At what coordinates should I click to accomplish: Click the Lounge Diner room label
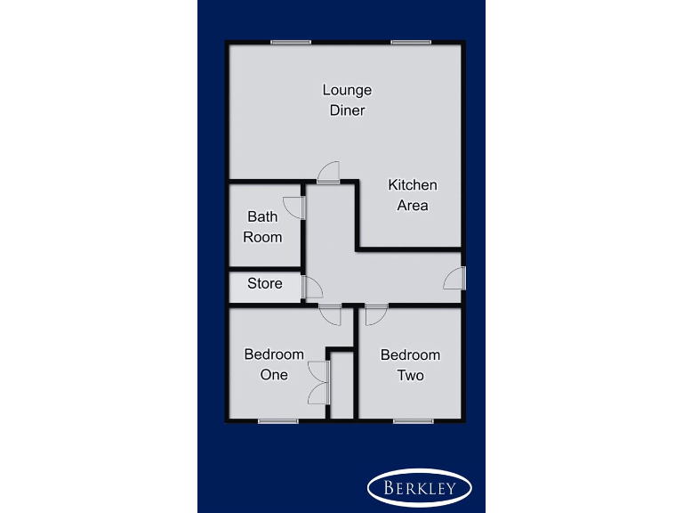(347, 101)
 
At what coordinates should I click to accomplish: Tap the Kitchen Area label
(413, 195)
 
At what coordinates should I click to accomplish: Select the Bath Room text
(262, 226)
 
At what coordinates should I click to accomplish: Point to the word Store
(265, 283)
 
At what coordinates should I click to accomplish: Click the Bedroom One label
(274, 364)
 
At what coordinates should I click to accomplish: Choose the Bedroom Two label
(410, 364)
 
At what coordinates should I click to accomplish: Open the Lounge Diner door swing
(329, 172)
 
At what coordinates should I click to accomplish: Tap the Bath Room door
(294, 208)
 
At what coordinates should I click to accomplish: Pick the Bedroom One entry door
(330, 313)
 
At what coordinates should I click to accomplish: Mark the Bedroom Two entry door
(375, 313)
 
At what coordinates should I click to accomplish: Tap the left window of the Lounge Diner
(291, 42)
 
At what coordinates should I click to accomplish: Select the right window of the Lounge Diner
(411, 42)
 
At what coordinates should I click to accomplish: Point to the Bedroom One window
(277, 420)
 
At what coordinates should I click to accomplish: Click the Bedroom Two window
(414, 420)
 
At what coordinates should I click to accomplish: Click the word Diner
(347, 111)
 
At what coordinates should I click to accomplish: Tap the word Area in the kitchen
(413, 206)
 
